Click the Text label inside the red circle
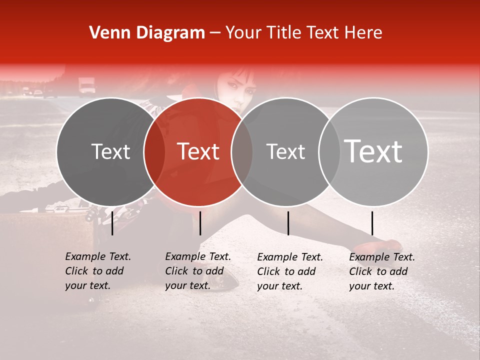point(198,151)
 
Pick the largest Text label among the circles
point(373,151)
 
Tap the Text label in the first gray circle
point(110,151)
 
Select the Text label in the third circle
point(285,151)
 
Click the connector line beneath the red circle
point(200,223)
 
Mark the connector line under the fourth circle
point(372,223)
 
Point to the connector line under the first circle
point(112,223)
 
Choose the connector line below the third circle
point(288,223)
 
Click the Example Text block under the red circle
point(197,271)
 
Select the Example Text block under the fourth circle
point(381,271)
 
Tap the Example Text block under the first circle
point(97,271)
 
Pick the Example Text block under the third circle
point(289,271)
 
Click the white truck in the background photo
point(86,85)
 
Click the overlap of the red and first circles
point(154,151)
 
